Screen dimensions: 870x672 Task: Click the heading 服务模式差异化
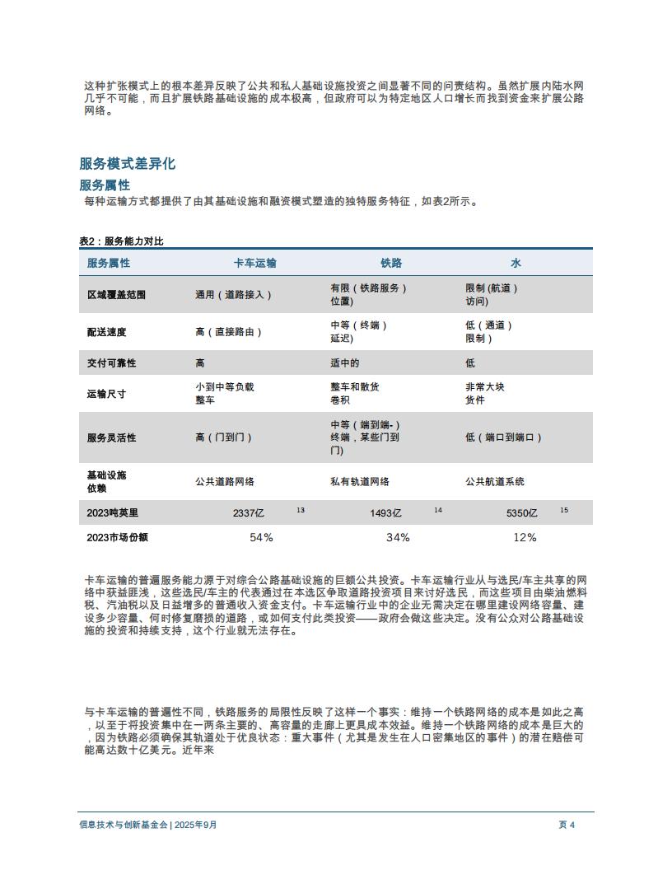[128, 164]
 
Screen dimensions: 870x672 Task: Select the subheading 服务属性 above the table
[105, 185]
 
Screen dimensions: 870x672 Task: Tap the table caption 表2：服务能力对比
[121, 241]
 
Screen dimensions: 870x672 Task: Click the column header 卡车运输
[255, 263]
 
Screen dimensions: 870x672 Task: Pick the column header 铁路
[391, 263]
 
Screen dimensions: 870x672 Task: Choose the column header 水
[516, 263]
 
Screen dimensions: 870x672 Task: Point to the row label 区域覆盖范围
[116, 294]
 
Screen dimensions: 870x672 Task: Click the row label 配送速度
[107, 332]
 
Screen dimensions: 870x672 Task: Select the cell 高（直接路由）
[229, 332]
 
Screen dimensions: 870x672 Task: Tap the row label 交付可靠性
[112, 362]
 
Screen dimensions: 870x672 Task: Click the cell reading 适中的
[345, 362]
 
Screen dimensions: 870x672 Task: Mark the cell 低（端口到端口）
[503, 437]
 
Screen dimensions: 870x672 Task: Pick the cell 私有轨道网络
[360, 481]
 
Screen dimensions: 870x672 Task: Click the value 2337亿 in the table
[249, 513]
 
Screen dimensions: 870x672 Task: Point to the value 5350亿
[521, 513]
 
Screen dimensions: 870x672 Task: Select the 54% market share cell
[261, 537]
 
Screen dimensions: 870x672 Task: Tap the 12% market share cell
[525, 537]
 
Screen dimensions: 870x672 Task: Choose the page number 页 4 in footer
[567, 825]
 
